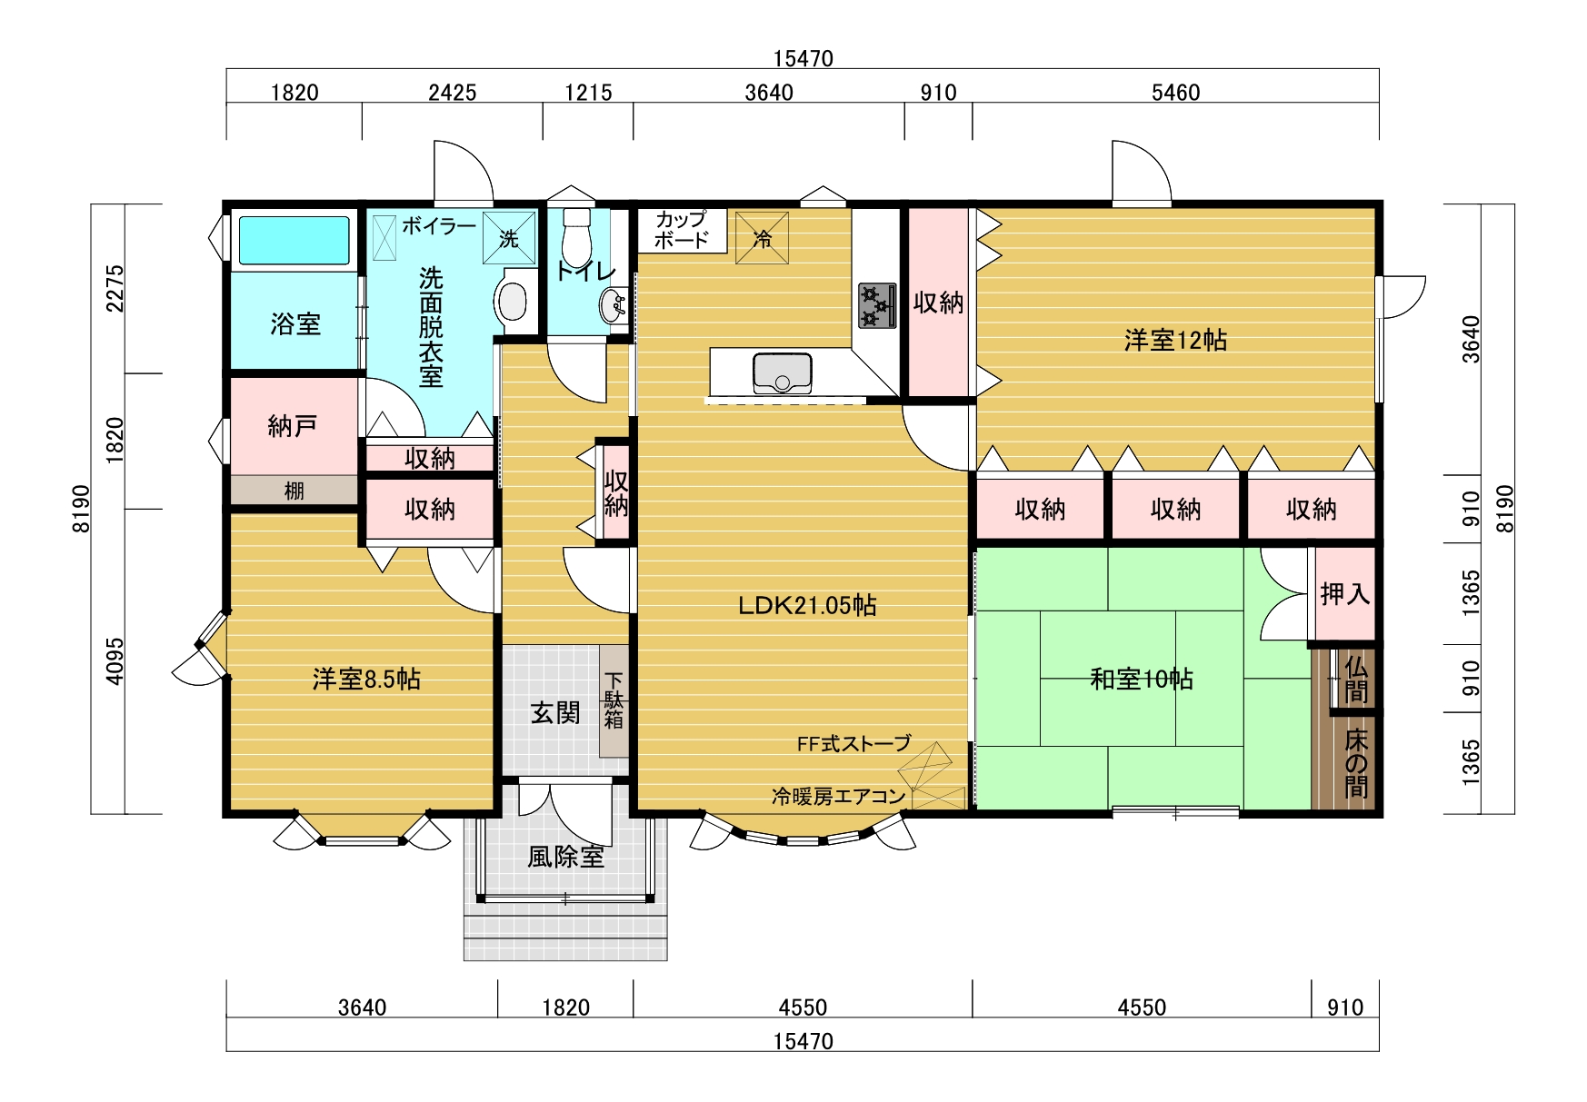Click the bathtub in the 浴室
point(294,240)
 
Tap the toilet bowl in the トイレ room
point(576,238)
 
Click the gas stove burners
point(876,305)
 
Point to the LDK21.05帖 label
point(807,605)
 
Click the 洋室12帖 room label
point(1175,340)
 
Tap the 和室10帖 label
point(1142,679)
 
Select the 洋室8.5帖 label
point(366,679)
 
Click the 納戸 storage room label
point(293,425)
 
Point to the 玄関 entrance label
point(555,712)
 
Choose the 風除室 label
point(565,857)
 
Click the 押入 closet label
point(1345,594)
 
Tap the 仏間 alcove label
point(1356,680)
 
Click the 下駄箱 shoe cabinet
point(614,700)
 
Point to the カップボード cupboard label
point(682,230)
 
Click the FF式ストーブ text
point(853,743)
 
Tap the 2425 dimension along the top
point(453,92)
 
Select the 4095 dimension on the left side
point(115,661)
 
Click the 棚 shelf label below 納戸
point(294,491)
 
